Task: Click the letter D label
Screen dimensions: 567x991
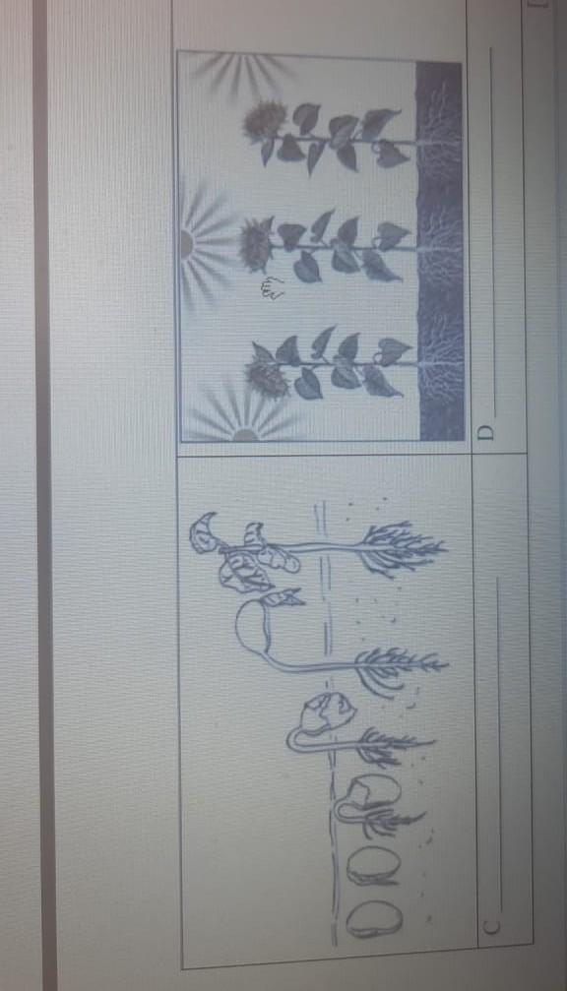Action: click(x=485, y=432)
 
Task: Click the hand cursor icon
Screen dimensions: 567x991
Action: click(x=272, y=288)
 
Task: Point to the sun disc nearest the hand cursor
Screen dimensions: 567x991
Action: click(x=186, y=243)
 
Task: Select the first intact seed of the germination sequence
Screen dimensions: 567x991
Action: click(x=374, y=918)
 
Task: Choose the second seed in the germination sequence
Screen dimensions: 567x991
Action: click(x=373, y=865)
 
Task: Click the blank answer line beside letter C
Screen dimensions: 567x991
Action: click(x=499, y=746)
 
